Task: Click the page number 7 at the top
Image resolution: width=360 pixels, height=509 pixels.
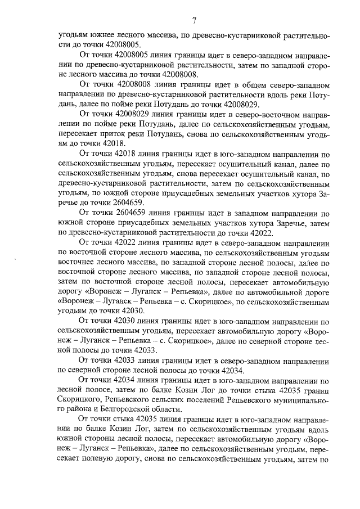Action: [x=193, y=21]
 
